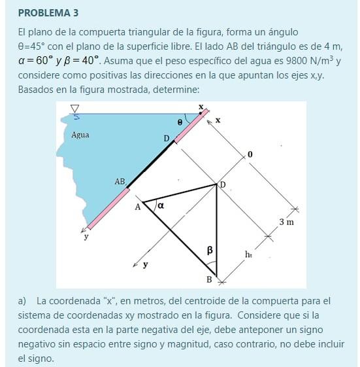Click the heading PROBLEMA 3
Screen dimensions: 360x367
click(48, 12)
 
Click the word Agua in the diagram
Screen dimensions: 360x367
click(80, 135)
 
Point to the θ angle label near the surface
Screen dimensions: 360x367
click(180, 121)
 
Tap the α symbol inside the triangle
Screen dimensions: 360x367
click(161, 205)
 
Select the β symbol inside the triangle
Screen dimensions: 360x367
click(210, 250)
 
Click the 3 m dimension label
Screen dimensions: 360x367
click(287, 222)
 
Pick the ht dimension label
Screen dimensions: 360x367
click(248, 253)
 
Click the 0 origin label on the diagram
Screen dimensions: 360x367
click(249, 154)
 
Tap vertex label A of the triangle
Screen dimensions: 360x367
click(137, 207)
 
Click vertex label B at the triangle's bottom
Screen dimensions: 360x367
click(209, 280)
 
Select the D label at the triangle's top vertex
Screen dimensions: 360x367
click(223, 185)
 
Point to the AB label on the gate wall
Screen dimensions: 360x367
click(120, 181)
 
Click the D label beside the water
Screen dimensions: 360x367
click(166, 138)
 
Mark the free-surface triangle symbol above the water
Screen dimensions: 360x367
click(74, 109)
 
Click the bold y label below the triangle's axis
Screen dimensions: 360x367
click(146, 265)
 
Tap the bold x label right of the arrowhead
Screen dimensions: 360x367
click(218, 120)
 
